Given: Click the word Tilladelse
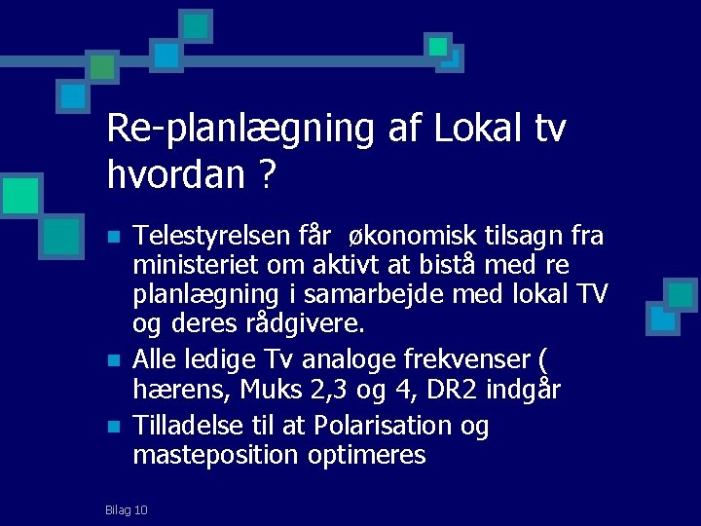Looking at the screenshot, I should pos(188,426).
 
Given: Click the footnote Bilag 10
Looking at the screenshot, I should pos(127,509).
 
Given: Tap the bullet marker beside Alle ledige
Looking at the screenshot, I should pos(114,361).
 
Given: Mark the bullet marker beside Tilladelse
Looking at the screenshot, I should pos(114,427).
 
